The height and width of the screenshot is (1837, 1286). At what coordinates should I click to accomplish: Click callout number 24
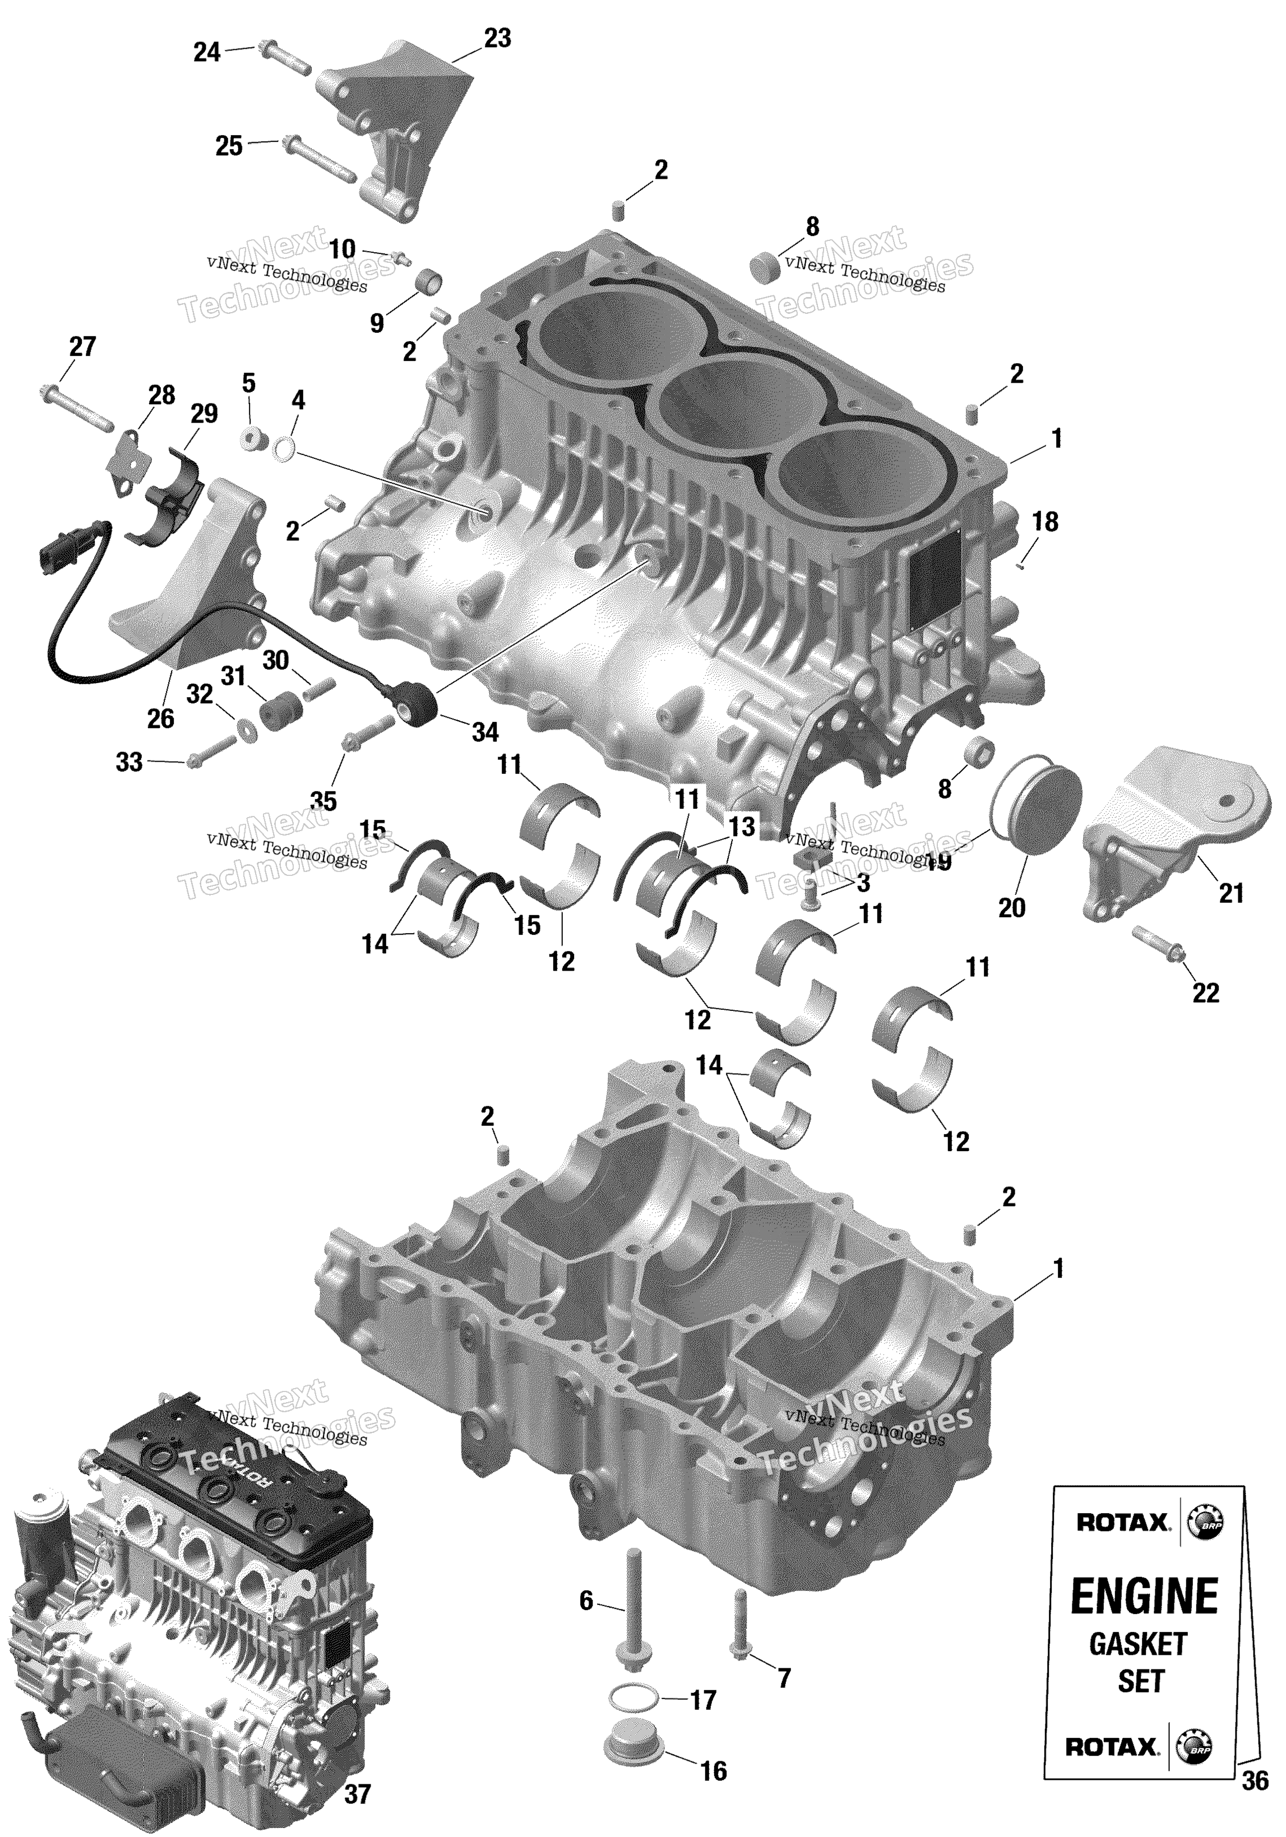tap(206, 52)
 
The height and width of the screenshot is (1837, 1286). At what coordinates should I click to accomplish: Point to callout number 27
tap(82, 346)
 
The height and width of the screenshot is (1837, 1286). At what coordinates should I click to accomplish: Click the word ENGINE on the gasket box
tap(1144, 1596)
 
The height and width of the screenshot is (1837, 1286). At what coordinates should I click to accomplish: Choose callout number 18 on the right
tap(1044, 522)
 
